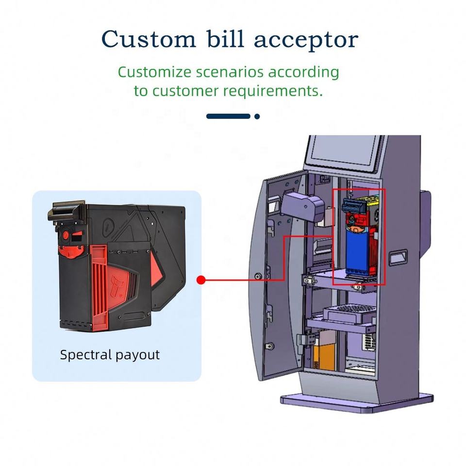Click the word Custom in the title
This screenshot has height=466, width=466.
tap(149, 39)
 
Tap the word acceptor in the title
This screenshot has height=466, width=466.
tap(306, 41)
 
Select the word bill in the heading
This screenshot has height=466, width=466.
tap(225, 38)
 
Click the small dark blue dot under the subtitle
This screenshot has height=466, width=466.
tap(257, 116)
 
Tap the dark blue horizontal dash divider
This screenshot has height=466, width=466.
tap(228, 116)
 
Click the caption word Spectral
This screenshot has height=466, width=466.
tap(86, 355)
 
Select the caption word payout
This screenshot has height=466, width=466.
tap(137, 355)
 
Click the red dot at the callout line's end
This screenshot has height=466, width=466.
tap(201, 280)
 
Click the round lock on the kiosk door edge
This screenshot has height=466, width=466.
tap(258, 276)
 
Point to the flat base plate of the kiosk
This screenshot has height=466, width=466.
tap(357, 403)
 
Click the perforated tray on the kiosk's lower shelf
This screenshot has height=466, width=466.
tap(349, 313)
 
